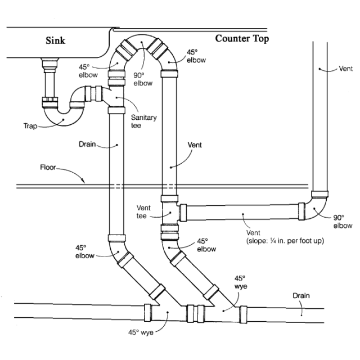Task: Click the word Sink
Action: click(x=55, y=40)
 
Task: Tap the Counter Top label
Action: click(x=242, y=39)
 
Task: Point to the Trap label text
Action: click(x=30, y=126)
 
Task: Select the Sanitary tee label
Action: click(x=144, y=121)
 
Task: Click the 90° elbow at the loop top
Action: click(x=142, y=44)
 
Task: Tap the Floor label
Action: click(x=48, y=167)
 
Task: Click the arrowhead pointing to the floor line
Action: click(x=83, y=181)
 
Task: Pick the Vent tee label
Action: click(x=143, y=212)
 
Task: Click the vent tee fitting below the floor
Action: click(x=170, y=213)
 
